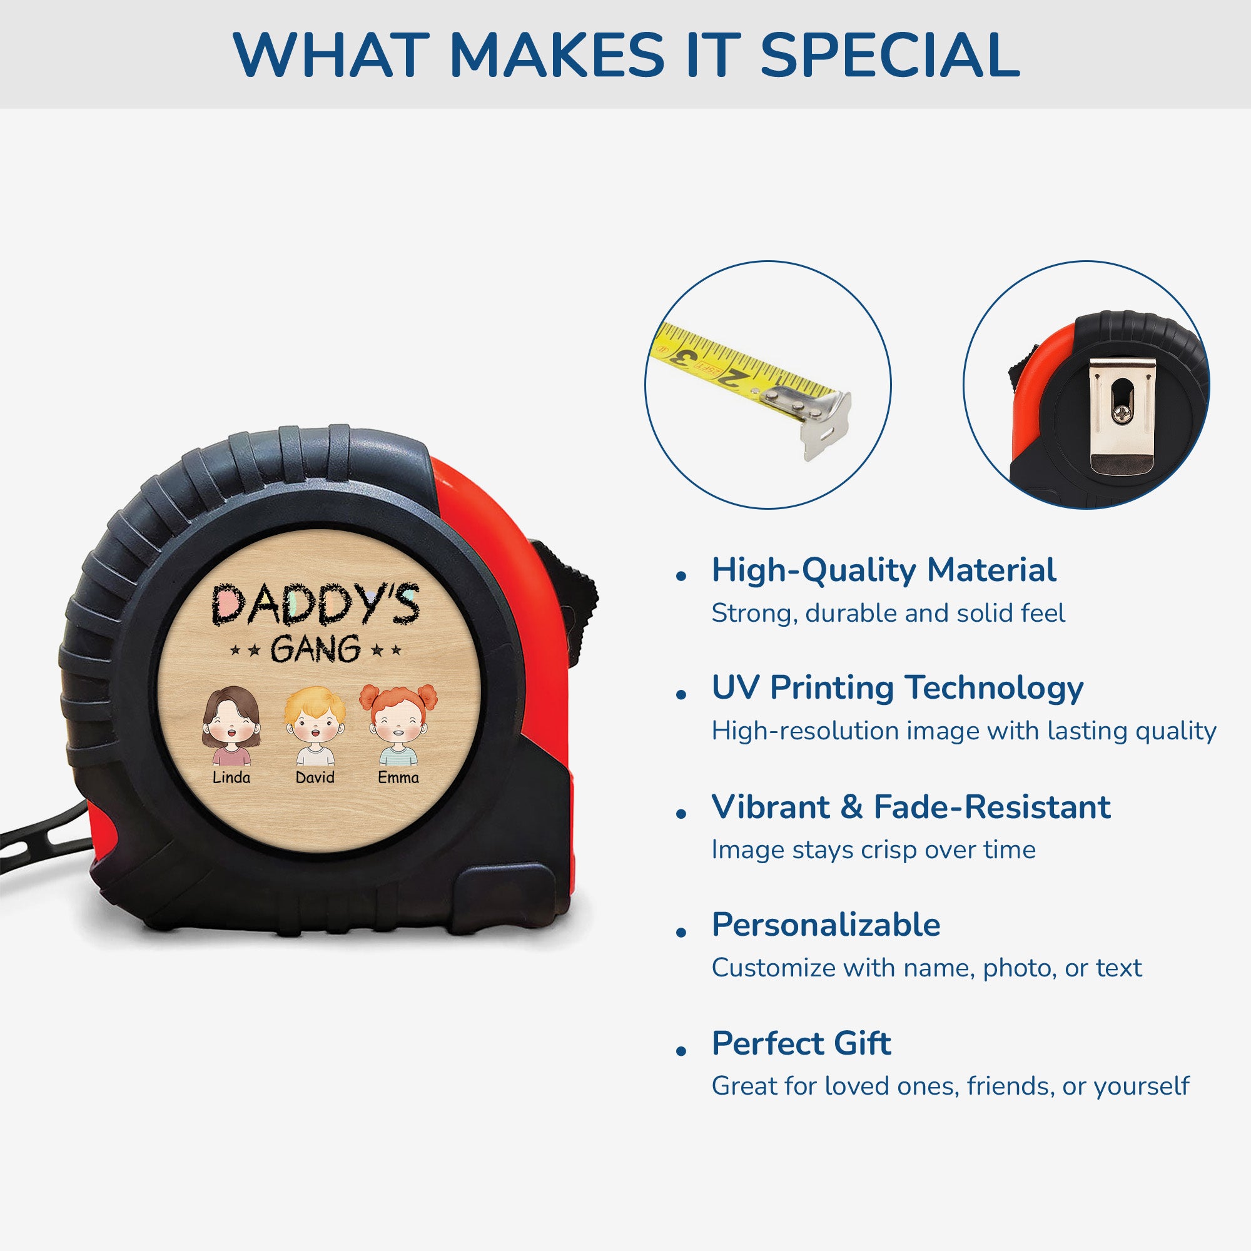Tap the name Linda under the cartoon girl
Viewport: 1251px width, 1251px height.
coord(231,777)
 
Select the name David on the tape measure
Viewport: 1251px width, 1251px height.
coord(315,777)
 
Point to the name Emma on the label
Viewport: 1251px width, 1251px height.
coord(398,777)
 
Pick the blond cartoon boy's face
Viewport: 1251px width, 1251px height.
coord(315,722)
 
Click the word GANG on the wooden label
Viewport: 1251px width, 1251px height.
coord(315,649)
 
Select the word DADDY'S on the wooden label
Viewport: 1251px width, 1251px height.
coord(315,604)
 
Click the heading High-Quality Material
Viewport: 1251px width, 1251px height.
coord(884,570)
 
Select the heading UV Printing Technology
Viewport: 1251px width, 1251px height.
coord(898,687)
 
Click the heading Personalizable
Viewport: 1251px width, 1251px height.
coord(826,924)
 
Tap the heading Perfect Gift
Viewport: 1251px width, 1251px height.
coord(801,1043)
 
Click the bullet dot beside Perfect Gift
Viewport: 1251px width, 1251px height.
coord(681,1050)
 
